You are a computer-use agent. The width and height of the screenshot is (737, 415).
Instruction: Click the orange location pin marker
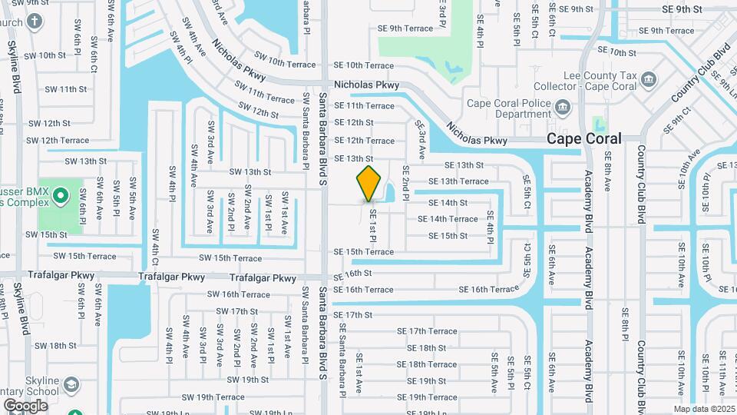[369, 183]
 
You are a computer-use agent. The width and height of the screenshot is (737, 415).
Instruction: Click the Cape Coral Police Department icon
[563, 106]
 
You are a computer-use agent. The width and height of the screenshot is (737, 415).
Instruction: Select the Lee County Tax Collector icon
[649, 78]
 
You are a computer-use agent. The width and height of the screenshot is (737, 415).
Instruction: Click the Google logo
[25, 406]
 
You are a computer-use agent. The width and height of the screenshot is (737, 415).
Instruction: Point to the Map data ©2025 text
[704, 409]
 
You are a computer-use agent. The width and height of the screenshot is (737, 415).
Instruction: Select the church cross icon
[35, 22]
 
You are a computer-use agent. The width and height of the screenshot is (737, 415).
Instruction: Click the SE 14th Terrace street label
[448, 219]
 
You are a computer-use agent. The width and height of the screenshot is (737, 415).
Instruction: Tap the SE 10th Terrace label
[363, 66]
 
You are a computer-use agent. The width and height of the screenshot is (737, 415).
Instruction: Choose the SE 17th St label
[353, 315]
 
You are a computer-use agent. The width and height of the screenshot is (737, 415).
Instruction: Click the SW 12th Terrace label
[58, 141]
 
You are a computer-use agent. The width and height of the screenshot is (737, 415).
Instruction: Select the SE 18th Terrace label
[427, 364]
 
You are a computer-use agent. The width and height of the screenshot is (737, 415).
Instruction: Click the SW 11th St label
[64, 89]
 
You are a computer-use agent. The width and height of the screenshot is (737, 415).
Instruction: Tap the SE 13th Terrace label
[458, 181]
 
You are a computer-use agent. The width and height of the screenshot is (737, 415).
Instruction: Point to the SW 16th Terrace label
[239, 294]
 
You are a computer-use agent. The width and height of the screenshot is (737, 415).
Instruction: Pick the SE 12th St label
[354, 123]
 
